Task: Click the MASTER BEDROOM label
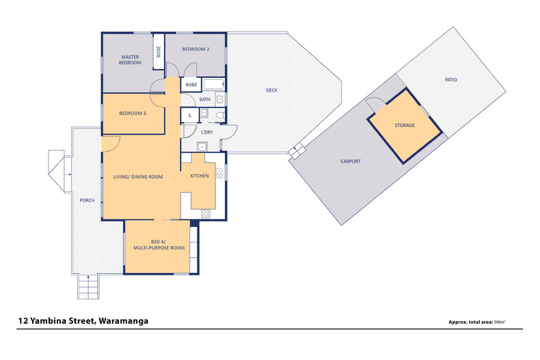coord(130,59)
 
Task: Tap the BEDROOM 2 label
coord(195,49)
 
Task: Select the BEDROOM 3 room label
coord(133,113)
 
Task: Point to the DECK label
coord(271,90)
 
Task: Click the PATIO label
coord(451,79)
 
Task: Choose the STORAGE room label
coord(405,125)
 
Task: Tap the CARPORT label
coord(351,161)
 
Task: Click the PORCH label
coord(87,200)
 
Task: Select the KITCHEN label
coord(200,176)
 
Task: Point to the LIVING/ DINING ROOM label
coord(138,177)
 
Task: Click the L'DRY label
coord(207,132)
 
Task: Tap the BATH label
coord(204,100)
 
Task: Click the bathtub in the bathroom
coord(213,84)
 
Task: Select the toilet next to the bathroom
coord(220,115)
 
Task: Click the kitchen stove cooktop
coord(206,214)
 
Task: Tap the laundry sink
coord(202,147)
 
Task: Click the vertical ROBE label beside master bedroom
coord(159,52)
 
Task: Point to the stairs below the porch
coord(88,287)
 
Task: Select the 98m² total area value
coord(500,322)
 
